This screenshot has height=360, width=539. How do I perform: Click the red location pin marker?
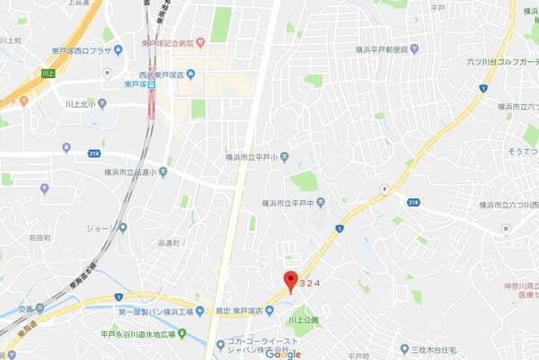(x=289, y=280)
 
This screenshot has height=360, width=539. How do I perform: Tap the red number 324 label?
(x=310, y=284)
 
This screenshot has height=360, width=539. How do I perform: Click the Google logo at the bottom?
(x=282, y=354)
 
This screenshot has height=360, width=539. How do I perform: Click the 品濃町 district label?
(x=169, y=243)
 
